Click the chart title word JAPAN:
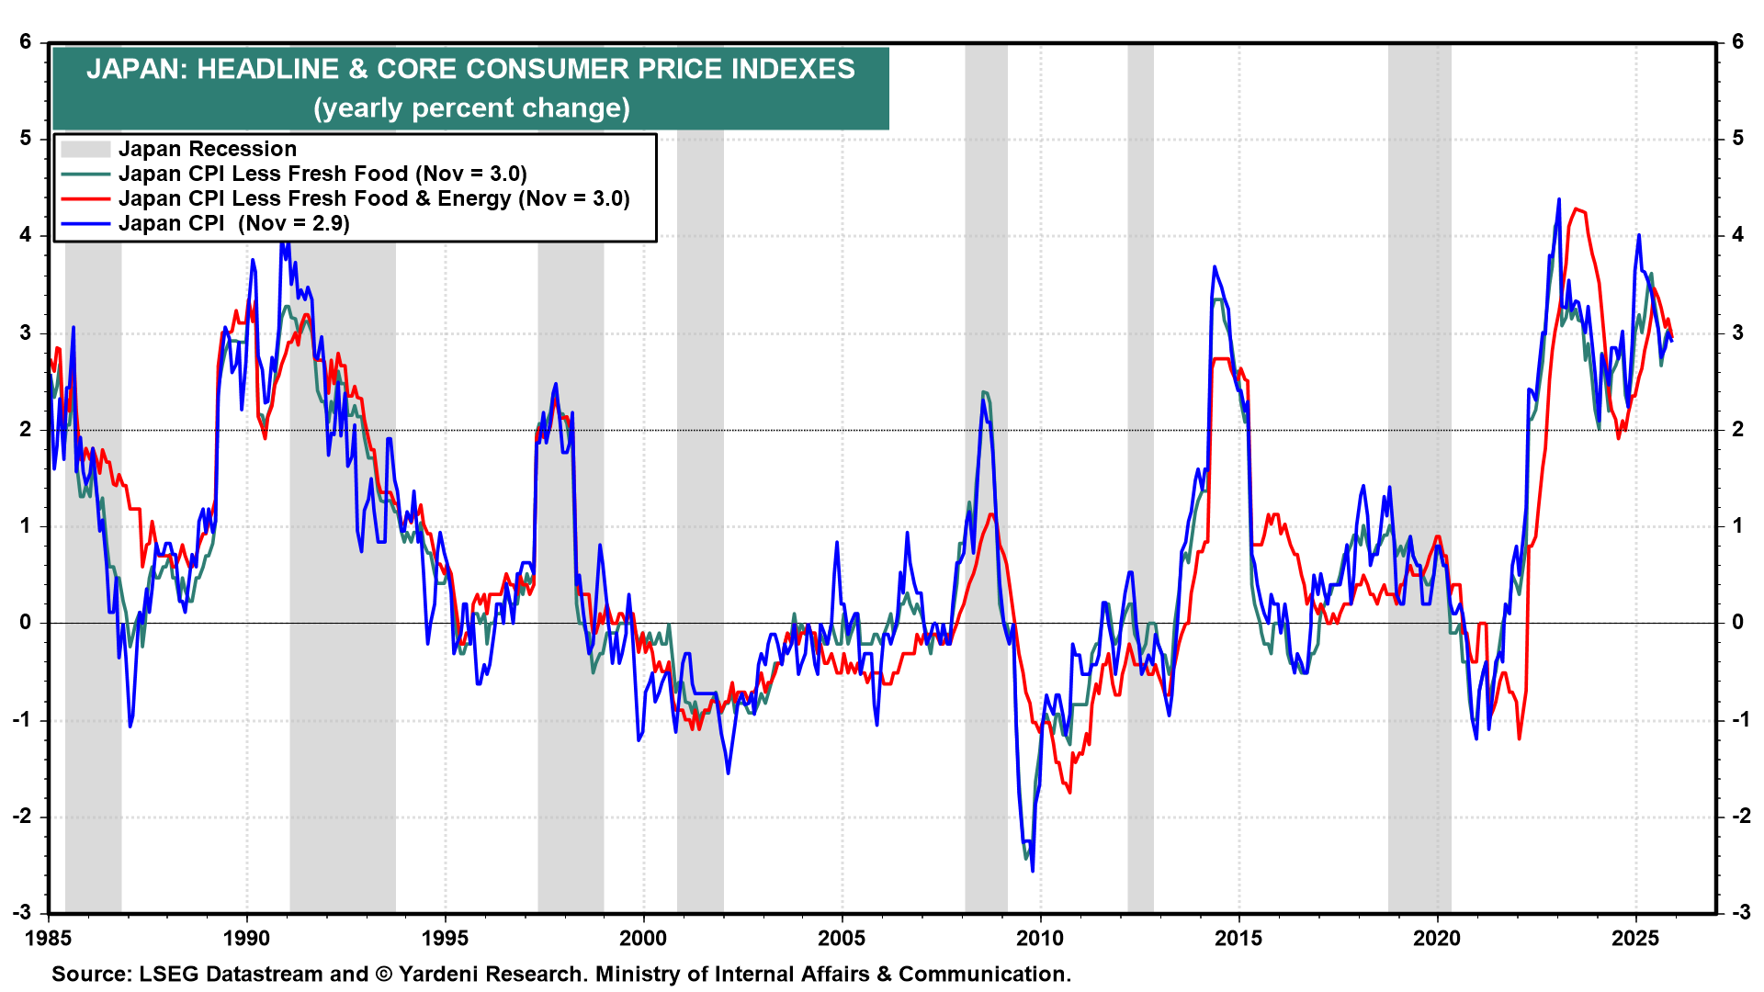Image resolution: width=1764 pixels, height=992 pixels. click(x=136, y=70)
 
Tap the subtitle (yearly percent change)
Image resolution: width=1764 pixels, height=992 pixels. click(x=471, y=108)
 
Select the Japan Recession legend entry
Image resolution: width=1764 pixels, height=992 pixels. click(x=208, y=149)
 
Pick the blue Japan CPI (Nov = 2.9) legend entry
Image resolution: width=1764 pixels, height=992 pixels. click(x=233, y=223)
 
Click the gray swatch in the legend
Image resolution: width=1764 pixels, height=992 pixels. click(x=85, y=149)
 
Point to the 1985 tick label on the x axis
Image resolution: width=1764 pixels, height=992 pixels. click(x=49, y=938)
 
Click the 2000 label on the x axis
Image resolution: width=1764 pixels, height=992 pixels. click(x=643, y=938)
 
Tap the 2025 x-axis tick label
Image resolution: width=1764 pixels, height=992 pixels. click(x=1635, y=938)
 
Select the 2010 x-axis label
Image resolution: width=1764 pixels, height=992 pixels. click(x=1040, y=938)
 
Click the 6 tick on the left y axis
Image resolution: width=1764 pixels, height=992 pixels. click(x=26, y=42)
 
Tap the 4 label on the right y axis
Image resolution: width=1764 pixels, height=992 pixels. click(x=1737, y=235)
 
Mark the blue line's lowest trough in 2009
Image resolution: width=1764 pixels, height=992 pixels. click(x=1033, y=871)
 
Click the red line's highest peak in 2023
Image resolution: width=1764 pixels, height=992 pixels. click(x=1577, y=209)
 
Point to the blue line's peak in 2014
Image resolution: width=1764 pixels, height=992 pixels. click(x=1215, y=267)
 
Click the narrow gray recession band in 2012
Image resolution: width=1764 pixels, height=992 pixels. click(x=1140, y=478)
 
